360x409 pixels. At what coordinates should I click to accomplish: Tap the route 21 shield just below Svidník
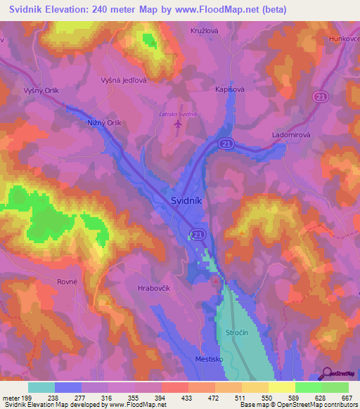198,233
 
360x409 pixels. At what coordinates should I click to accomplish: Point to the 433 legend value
188,398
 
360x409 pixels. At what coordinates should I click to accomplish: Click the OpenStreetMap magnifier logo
326,374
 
